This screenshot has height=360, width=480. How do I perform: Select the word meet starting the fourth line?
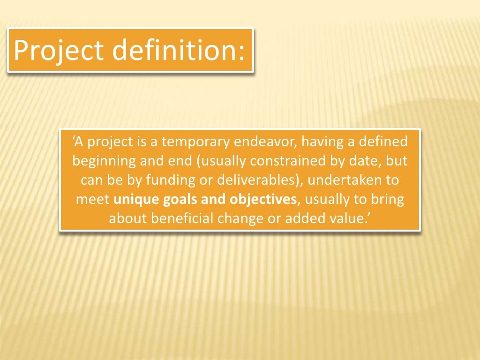(93, 200)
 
